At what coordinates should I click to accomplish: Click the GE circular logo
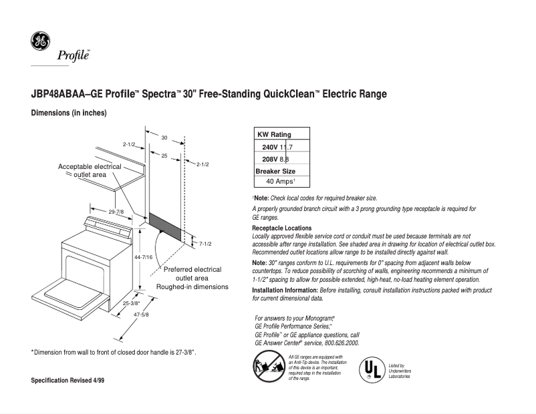click(x=40, y=41)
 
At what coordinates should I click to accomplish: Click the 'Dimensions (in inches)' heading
click(x=69, y=114)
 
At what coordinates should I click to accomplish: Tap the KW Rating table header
click(x=274, y=134)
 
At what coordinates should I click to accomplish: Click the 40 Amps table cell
click(x=281, y=182)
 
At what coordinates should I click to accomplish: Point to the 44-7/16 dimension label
click(x=144, y=257)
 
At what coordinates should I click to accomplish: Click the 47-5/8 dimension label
click(x=140, y=315)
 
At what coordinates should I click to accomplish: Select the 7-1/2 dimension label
click(x=205, y=244)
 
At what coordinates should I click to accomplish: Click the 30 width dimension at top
click(x=164, y=137)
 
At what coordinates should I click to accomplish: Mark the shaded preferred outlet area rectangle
click(x=164, y=227)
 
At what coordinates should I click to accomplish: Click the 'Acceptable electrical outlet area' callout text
click(x=90, y=170)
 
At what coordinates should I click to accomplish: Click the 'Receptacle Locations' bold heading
click(x=281, y=228)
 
